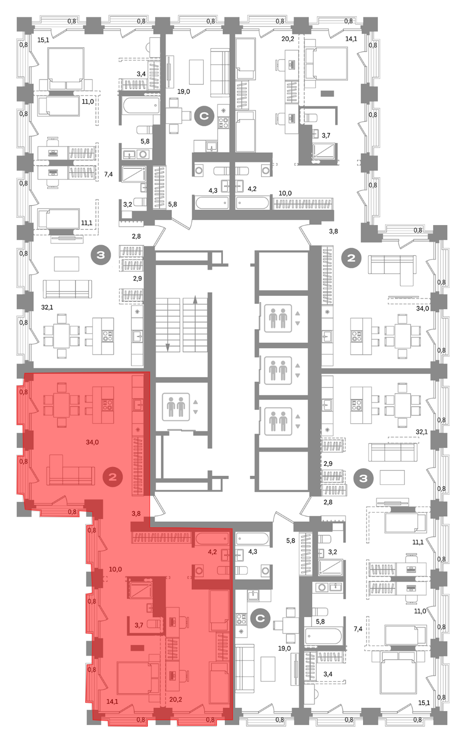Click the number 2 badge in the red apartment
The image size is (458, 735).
pyautogui.click(x=113, y=477)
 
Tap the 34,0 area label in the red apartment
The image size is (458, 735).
pyautogui.click(x=92, y=442)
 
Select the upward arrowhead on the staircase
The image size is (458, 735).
pyautogui.click(x=196, y=299)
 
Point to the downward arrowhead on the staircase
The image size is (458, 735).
pyautogui.click(x=168, y=347)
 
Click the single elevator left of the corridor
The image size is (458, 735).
pyautogui.click(x=176, y=407)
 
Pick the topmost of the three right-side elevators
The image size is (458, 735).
pyautogui.click(x=278, y=318)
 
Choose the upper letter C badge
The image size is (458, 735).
pyautogui.click(x=204, y=116)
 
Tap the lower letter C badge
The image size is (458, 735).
pyautogui.click(x=260, y=619)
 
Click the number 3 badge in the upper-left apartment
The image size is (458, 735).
pyautogui.click(x=101, y=254)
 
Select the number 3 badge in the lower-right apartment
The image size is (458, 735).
pyautogui.click(x=363, y=479)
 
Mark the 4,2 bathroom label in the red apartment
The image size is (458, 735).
pyautogui.click(x=212, y=552)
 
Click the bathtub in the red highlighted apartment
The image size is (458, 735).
pyautogui.click(x=212, y=539)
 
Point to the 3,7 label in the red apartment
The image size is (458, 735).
pyautogui.click(x=139, y=625)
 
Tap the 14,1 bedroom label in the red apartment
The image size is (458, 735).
pyautogui.click(x=112, y=701)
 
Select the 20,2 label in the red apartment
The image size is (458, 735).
pyautogui.click(x=176, y=699)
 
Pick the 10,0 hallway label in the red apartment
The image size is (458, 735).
pyautogui.click(x=115, y=569)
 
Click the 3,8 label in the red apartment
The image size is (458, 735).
pyautogui.click(x=136, y=514)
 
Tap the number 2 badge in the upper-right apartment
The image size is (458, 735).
pyautogui.click(x=351, y=258)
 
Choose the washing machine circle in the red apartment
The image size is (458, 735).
pyautogui.click(x=199, y=571)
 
